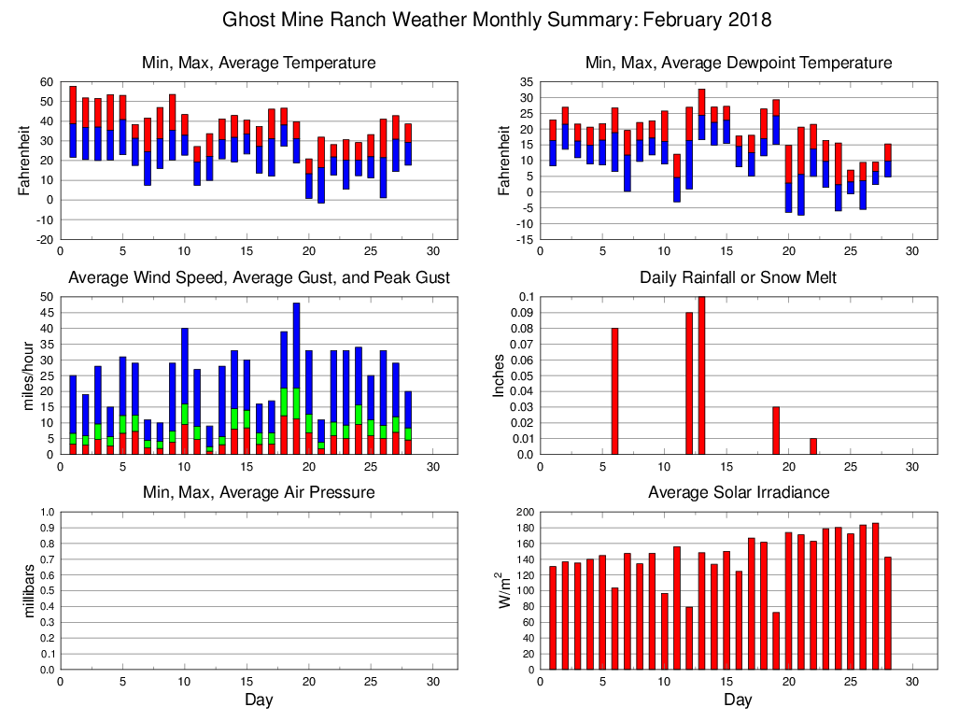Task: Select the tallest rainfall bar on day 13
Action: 702,375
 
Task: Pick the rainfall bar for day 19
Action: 776,431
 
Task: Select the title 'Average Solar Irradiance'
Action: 738,492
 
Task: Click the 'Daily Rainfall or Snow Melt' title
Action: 738,277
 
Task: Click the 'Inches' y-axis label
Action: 500,375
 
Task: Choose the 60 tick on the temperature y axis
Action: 46,82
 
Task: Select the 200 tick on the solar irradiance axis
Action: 522,512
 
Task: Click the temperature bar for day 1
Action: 73,121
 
